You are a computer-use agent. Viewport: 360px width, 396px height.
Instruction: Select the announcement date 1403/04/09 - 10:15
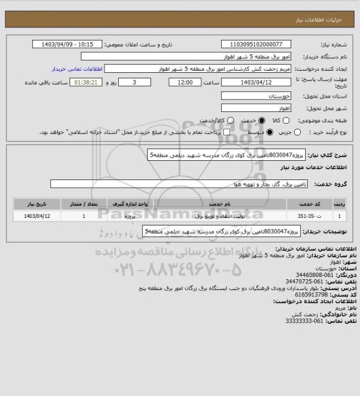point(69,44)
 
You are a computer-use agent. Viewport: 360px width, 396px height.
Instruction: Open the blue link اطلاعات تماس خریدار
point(79,69)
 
